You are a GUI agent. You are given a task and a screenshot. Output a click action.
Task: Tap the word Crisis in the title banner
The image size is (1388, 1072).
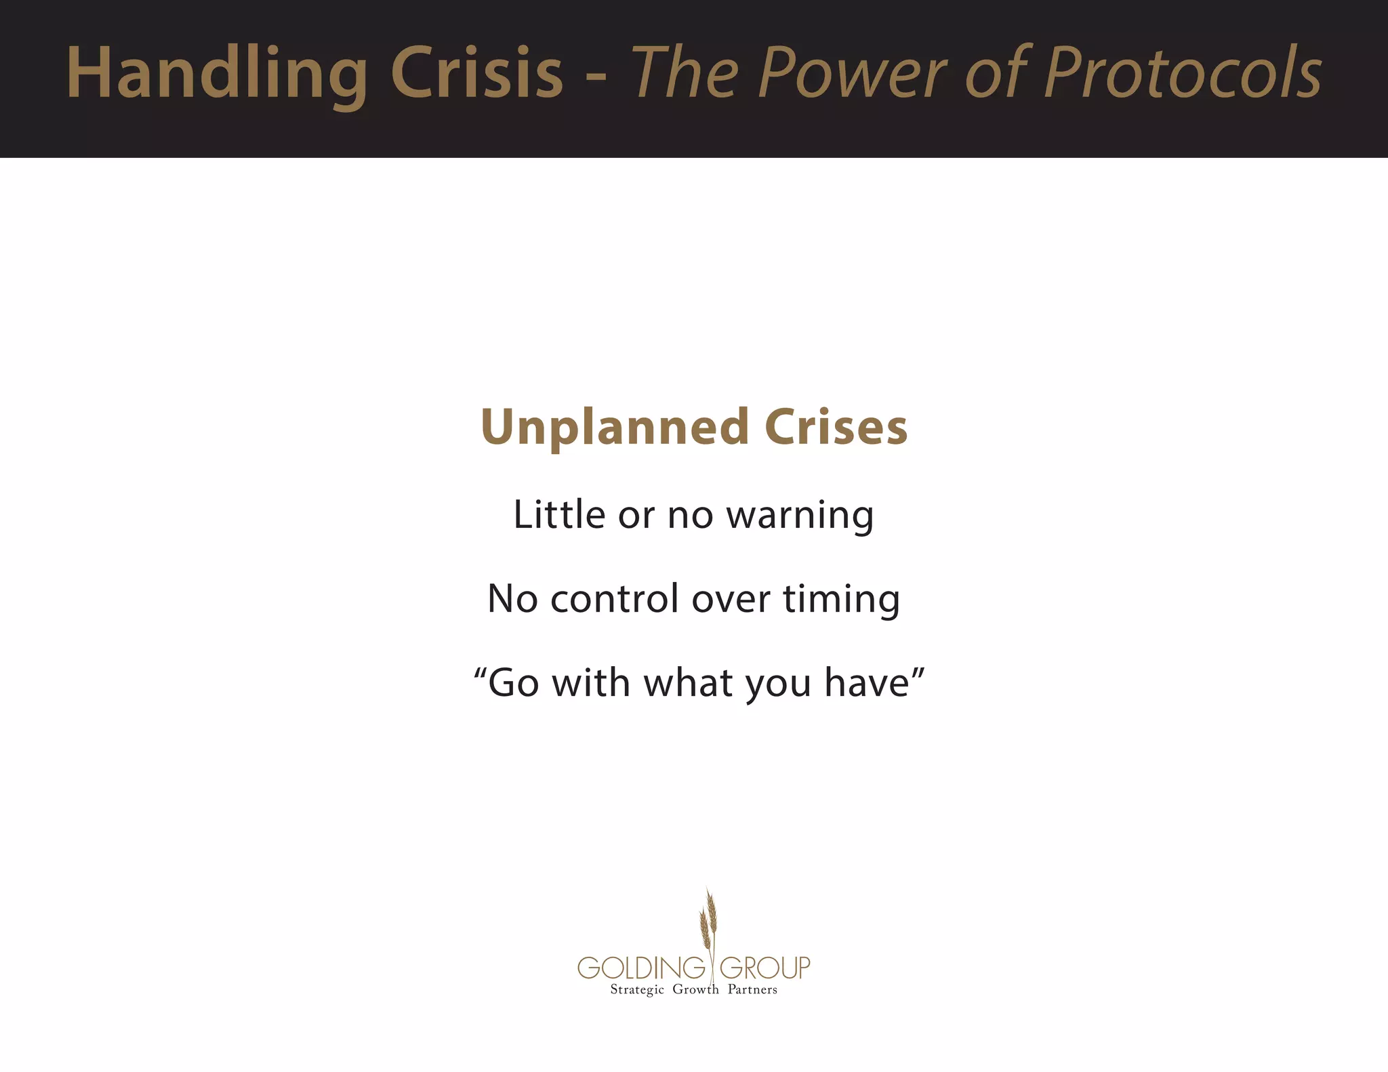(x=476, y=73)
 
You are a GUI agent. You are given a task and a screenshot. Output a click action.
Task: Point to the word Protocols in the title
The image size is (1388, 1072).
(x=1183, y=73)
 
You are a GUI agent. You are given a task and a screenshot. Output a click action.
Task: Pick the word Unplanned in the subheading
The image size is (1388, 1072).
(x=614, y=428)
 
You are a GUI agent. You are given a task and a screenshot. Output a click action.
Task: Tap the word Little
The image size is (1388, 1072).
(x=559, y=514)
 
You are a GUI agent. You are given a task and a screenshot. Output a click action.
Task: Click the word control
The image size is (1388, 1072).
(x=614, y=599)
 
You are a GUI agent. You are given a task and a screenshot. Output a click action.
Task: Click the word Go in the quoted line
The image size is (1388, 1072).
(x=514, y=683)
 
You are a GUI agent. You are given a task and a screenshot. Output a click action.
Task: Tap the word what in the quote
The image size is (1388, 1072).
(x=688, y=683)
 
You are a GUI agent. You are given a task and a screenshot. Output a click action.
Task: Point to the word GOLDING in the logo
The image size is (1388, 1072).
(x=641, y=968)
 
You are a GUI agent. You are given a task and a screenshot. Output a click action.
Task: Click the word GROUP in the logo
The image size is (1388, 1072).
(x=764, y=968)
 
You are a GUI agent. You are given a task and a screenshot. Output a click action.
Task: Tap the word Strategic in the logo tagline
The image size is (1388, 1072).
(x=636, y=990)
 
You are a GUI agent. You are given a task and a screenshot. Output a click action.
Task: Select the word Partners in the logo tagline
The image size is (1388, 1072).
(x=752, y=989)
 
